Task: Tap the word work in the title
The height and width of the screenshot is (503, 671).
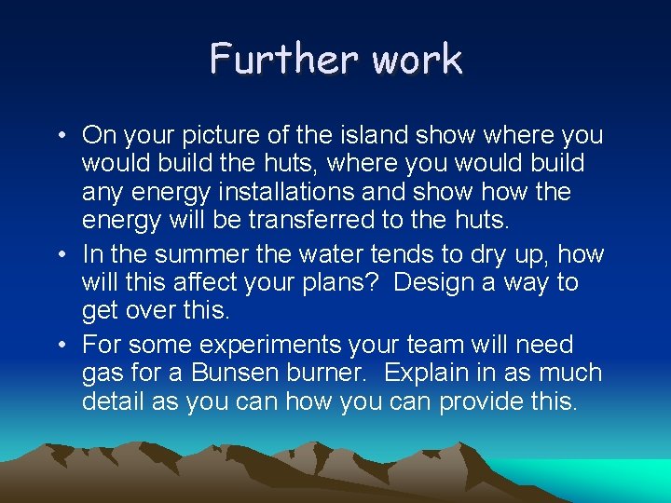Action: pyautogui.click(x=417, y=59)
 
